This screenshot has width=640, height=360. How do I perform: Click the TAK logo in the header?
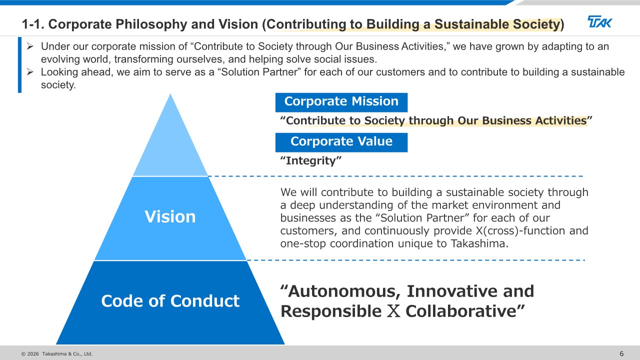point(599,21)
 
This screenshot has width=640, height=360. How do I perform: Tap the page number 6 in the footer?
point(621,353)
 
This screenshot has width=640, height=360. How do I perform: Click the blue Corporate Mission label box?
point(341,102)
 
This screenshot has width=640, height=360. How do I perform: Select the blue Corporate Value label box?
point(341,142)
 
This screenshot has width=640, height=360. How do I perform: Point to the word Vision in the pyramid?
point(170,216)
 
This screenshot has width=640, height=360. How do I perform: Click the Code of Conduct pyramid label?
point(170,301)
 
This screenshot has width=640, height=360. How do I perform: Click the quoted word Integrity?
point(311,160)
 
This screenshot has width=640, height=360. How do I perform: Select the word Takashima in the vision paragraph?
point(479,243)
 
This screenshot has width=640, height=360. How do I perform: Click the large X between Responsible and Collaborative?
point(393,311)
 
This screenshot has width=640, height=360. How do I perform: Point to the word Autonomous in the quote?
point(341,291)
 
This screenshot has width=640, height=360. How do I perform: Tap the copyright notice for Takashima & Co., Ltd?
point(57,353)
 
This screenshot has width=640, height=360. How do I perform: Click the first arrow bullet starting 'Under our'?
point(30,46)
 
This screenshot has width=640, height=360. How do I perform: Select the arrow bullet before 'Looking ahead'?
point(30,71)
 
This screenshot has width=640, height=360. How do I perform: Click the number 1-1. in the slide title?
point(33,24)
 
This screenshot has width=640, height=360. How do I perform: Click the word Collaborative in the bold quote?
point(465,311)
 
